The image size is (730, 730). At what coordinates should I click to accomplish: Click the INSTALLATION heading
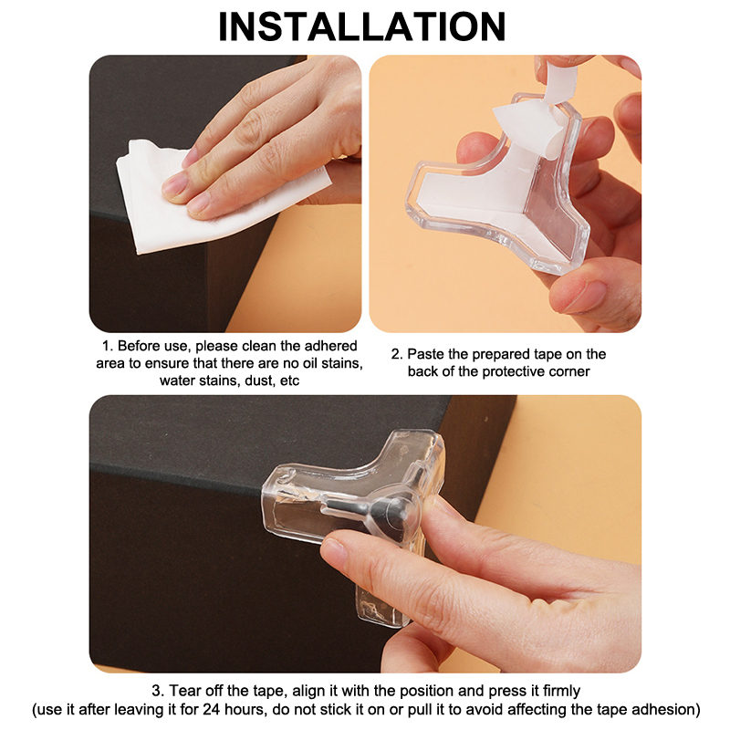click(x=361, y=26)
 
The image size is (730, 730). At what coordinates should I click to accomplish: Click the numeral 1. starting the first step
click(x=108, y=346)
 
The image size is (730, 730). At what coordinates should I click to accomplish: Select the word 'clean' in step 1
click(x=260, y=346)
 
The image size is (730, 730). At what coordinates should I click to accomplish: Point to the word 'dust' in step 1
click(x=258, y=381)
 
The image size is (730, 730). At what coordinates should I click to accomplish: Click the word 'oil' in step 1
click(x=306, y=363)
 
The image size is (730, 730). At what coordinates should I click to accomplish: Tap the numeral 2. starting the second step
click(x=397, y=354)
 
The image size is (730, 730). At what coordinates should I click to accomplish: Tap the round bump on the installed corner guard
click(x=397, y=511)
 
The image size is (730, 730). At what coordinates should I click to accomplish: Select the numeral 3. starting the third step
click(x=158, y=691)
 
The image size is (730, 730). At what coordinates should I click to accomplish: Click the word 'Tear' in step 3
click(x=182, y=691)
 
